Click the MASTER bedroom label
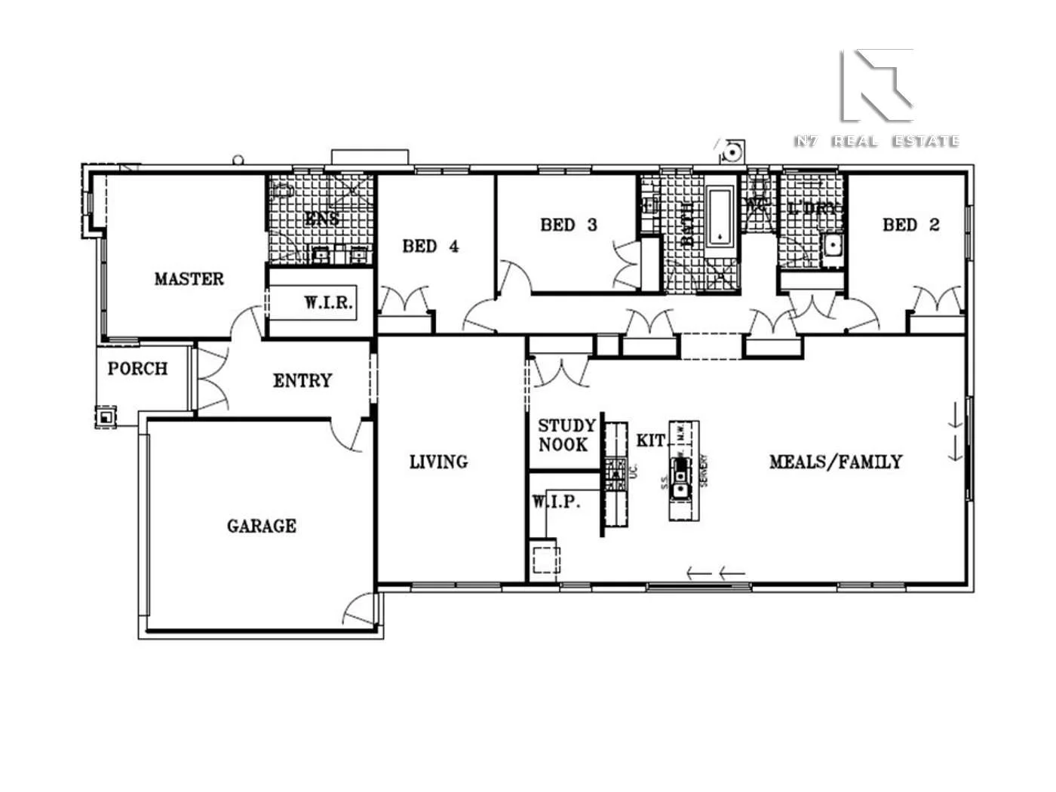[189, 279]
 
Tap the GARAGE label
[261, 526]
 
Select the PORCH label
[137, 369]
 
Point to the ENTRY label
[302, 381]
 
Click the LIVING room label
[438, 462]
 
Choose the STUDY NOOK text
[566, 435]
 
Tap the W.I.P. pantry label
[556, 502]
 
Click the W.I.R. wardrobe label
[328, 303]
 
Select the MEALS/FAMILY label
[835, 462]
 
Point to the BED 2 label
[910, 225]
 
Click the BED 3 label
[568, 225]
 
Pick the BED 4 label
[430, 246]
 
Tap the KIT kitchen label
[650, 441]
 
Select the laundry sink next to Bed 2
[832, 244]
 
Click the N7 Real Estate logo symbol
[876, 85]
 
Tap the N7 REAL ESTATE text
[876, 141]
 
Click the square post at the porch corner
[106, 416]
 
